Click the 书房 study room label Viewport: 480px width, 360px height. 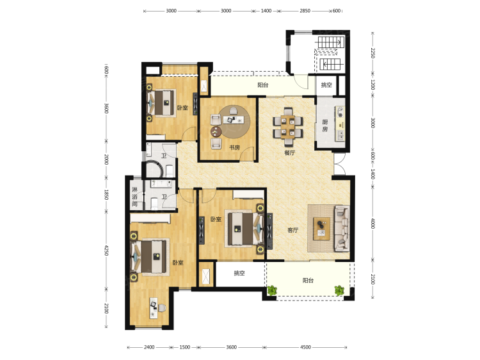(234, 147)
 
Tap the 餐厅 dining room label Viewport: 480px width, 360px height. (289, 152)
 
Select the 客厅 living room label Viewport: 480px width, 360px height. (293, 230)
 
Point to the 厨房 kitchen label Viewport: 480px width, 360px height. (324, 126)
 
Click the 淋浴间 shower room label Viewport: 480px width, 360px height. (134, 197)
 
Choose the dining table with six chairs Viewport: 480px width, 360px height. (288, 126)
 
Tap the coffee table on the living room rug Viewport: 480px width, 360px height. (322, 229)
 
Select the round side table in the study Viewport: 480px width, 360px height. (216, 132)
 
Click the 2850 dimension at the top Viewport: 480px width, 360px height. (305, 11)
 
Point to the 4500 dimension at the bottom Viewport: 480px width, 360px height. (305, 347)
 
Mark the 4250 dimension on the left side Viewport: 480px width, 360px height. (106, 250)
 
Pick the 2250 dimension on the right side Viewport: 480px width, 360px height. (373, 53)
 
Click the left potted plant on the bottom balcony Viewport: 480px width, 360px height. (272, 290)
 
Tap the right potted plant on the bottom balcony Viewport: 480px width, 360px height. (339, 290)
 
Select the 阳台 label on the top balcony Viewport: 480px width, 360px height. (262, 85)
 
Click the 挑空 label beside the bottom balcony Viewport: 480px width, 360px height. (239, 273)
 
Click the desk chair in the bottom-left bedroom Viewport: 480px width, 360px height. (162, 307)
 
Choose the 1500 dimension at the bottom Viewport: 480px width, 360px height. (184, 347)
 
